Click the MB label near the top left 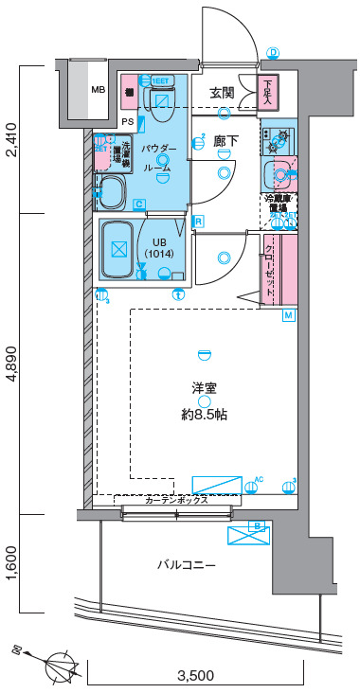click(98, 90)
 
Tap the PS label click(127, 121)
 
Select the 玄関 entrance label click(222, 93)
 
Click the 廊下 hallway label click(225, 141)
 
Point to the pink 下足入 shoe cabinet click(269, 92)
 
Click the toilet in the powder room click(161, 98)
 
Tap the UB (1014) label click(161, 247)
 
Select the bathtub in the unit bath click(119, 250)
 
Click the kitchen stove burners click(279, 140)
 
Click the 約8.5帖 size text click(204, 415)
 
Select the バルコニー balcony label click(187, 565)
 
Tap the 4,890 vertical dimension click(11, 364)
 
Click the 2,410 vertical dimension click(11, 140)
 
